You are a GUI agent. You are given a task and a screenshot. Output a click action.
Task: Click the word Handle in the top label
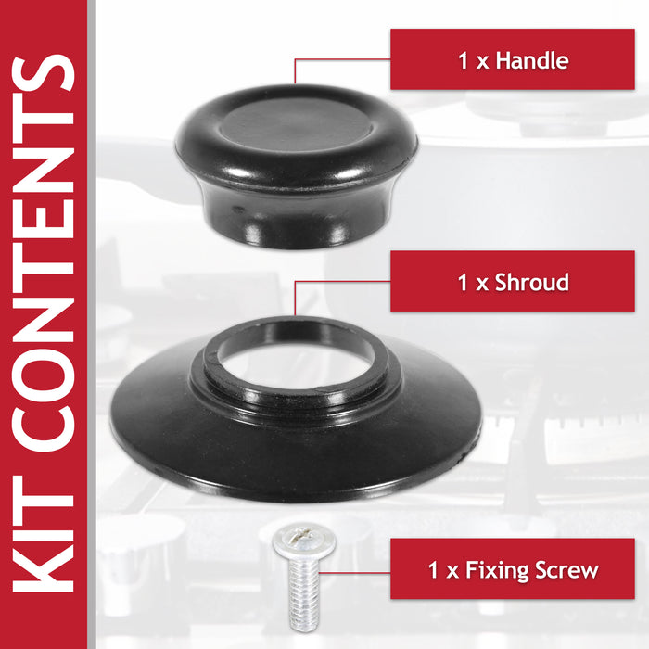pos(532,61)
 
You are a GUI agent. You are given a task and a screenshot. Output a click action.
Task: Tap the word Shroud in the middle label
pos(532,282)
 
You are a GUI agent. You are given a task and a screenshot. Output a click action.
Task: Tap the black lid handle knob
pos(296,167)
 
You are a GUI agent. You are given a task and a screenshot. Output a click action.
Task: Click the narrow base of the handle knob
pos(295,223)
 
